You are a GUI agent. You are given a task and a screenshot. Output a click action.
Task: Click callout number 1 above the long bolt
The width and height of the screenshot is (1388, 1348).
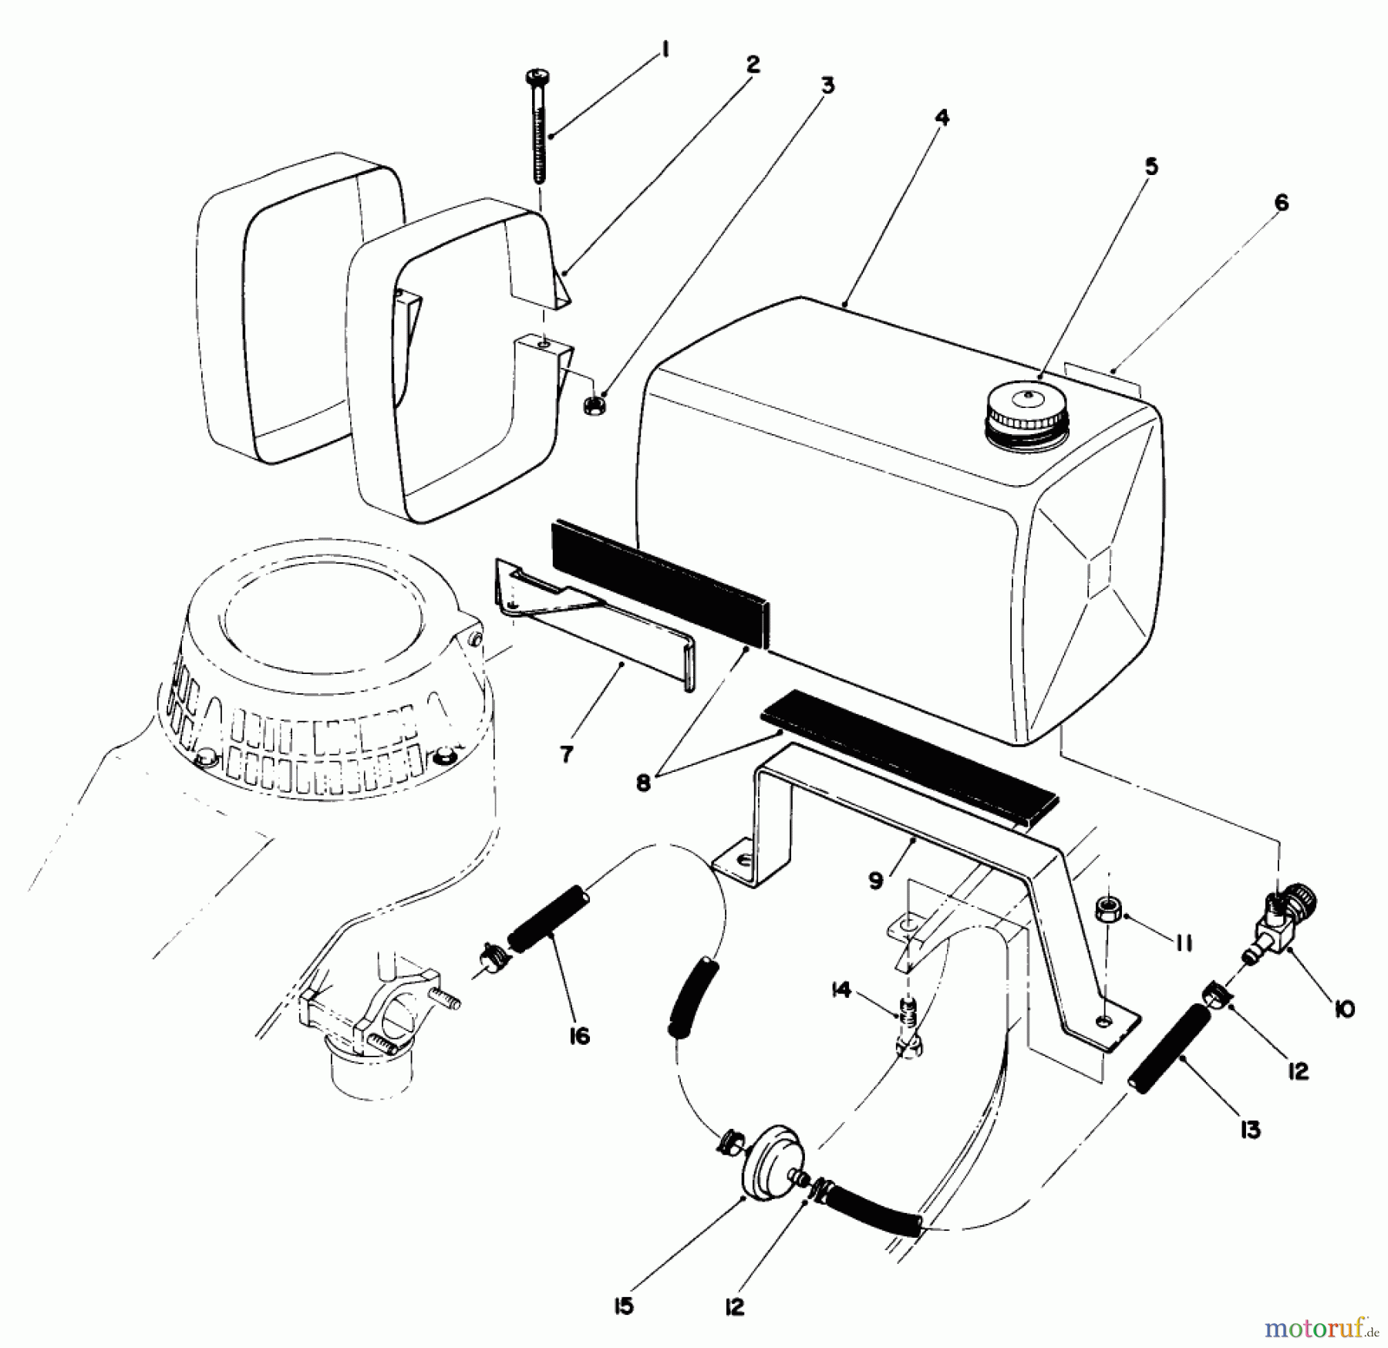click(664, 51)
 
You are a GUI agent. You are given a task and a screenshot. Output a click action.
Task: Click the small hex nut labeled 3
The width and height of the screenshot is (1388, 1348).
click(595, 403)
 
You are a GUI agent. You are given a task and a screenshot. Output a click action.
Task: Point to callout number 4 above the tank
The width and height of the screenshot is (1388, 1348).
click(942, 118)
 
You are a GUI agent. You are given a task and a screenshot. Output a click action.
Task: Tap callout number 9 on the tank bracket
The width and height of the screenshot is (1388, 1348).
click(876, 880)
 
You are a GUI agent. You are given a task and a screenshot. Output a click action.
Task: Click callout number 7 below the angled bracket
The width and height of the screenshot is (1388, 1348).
click(567, 754)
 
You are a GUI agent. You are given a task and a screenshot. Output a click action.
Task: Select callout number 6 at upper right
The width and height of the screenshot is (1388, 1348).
click(1280, 203)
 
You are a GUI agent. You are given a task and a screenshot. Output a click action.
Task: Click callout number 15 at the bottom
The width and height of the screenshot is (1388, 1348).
click(624, 1306)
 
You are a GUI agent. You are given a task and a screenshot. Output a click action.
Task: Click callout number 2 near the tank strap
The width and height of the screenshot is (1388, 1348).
click(753, 64)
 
